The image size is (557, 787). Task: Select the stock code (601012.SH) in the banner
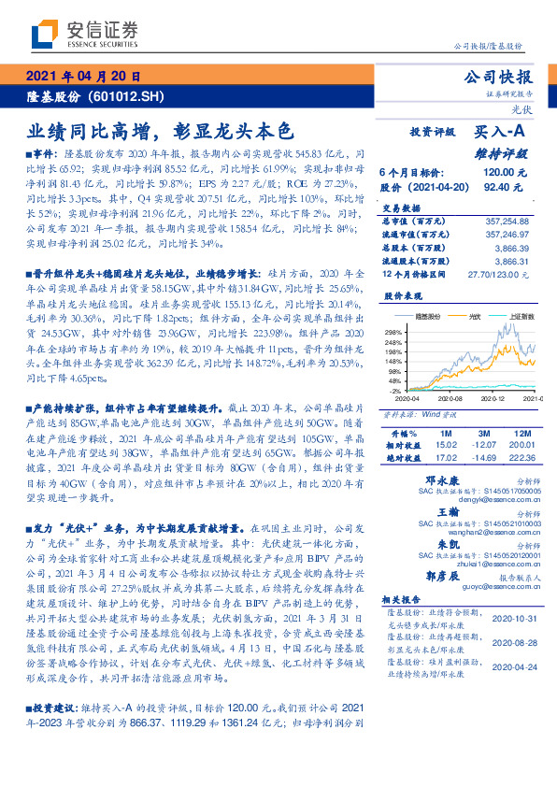[126, 96]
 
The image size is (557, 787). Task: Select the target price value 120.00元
[505, 173]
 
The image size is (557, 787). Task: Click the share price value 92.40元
[508, 187]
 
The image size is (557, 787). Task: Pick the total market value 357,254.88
[504, 221]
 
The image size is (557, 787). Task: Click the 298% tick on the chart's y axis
[392, 331]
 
